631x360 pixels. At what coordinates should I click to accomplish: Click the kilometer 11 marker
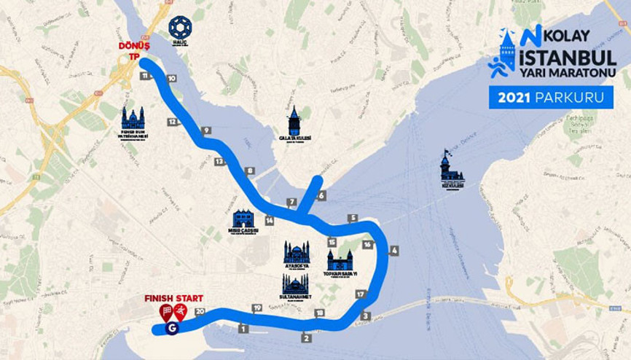click(x=146, y=76)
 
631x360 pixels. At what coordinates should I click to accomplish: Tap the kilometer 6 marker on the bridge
click(x=321, y=195)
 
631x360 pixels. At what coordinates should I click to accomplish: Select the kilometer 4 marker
click(x=394, y=251)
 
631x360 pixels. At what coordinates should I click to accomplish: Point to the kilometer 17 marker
click(x=360, y=294)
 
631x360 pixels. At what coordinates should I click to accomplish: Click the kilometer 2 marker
click(x=306, y=338)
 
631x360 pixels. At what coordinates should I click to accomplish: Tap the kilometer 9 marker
click(x=206, y=130)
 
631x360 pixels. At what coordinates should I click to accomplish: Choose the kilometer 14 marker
click(x=269, y=220)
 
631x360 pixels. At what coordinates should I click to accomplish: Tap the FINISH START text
click(x=173, y=298)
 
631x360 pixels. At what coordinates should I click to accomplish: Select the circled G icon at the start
click(x=172, y=328)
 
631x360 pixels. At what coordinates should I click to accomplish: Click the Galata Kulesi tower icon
click(x=294, y=121)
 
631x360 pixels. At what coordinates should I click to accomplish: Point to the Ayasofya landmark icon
click(x=297, y=252)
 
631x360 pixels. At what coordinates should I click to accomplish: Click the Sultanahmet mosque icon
click(x=294, y=283)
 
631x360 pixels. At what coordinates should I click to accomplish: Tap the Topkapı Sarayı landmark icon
click(x=340, y=260)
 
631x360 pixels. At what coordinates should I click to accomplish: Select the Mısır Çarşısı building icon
click(x=243, y=218)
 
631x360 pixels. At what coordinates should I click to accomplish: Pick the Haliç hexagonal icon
click(x=179, y=28)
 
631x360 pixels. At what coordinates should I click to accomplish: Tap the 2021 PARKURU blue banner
click(x=551, y=97)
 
